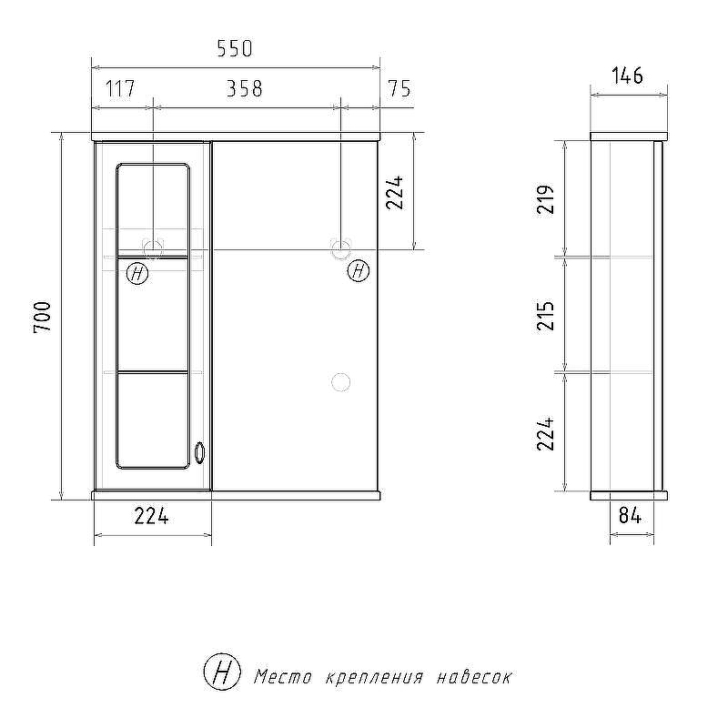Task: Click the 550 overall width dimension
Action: (234, 48)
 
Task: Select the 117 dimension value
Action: (120, 88)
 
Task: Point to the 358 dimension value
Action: (245, 88)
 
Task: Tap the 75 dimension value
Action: (399, 88)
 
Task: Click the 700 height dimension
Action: (44, 316)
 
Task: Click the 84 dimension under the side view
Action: (630, 515)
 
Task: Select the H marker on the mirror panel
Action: (359, 270)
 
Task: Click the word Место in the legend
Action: (283, 677)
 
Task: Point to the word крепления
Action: (371, 678)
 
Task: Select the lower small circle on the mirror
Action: (341, 382)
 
